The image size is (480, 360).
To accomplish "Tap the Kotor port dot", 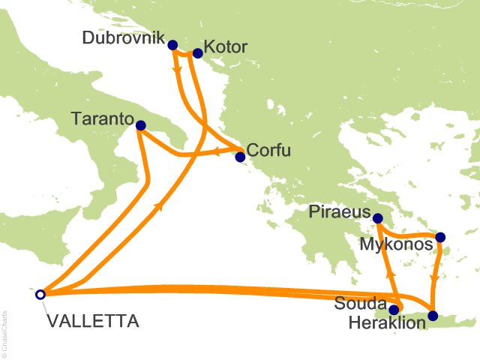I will click(x=198, y=53).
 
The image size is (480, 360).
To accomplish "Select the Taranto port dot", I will click(x=140, y=127).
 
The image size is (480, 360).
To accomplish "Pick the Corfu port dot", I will click(x=240, y=157).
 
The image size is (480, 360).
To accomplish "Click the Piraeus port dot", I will click(x=378, y=218).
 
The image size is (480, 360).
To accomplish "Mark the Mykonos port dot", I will click(x=440, y=237).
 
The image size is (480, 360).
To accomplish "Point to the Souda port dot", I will click(x=394, y=309).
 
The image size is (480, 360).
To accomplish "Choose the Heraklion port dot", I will click(x=433, y=316).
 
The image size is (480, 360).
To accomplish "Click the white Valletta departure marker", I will click(x=40, y=294).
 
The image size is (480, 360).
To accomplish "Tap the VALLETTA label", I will click(x=92, y=322).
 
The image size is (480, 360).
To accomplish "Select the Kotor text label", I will click(x=226, y=48).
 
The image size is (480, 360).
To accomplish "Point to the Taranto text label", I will click(x=103, y=118).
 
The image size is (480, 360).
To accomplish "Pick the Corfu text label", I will click(x=268, y=150).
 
